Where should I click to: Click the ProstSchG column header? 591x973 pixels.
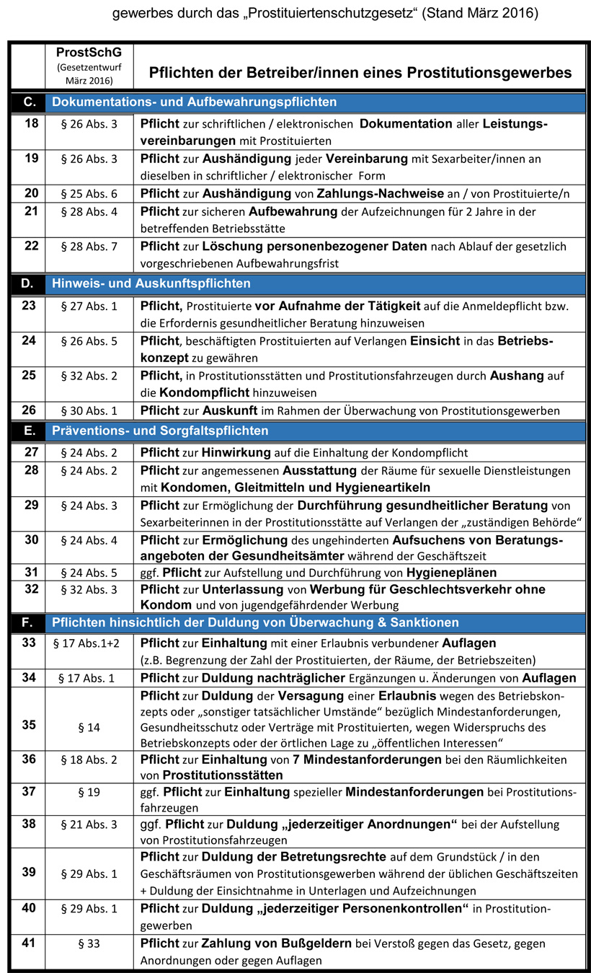coord(88,53)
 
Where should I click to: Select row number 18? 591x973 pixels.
coord(31,123)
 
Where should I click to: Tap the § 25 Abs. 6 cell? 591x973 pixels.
coord(89,193)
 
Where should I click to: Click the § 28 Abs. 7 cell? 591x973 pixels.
coord(89,247)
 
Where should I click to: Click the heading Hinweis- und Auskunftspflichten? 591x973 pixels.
coord(151,283)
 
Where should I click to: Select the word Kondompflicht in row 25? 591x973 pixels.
coord(190,392)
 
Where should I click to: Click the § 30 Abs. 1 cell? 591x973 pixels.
coord(89,411)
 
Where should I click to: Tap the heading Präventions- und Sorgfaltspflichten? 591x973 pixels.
coord(160,431)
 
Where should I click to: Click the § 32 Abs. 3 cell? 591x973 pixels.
coord(89,589)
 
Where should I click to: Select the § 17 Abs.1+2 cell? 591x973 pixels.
coord(89,643)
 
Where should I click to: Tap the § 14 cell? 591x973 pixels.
coord(89,726)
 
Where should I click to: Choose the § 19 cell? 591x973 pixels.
coord(89,792)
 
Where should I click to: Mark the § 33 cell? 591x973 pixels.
coord(89,943)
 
